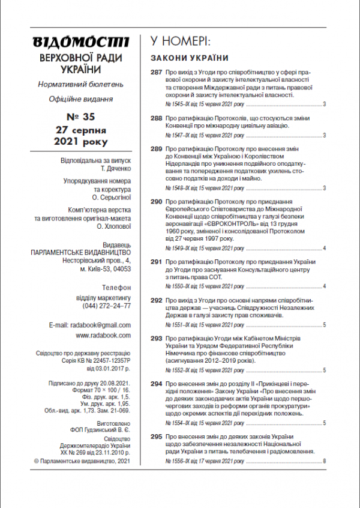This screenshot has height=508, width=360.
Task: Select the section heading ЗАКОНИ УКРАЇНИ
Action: point(189,58)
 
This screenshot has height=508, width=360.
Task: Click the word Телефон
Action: point(116,288)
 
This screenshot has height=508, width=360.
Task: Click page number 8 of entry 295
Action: point(324,461)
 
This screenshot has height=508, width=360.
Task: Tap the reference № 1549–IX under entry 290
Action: point(178,248)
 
